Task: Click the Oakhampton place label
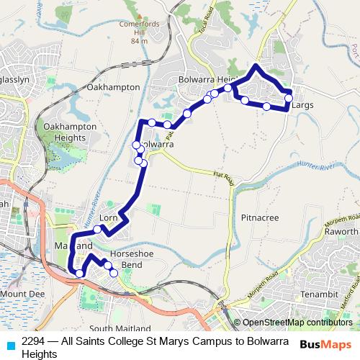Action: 112,86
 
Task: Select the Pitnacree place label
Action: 260,217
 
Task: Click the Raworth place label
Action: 341,232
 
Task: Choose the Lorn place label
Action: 108,217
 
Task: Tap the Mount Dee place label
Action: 22,294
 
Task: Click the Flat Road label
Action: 224,176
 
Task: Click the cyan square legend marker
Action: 9,344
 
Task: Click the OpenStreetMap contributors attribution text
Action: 297,323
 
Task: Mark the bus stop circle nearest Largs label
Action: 289,98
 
